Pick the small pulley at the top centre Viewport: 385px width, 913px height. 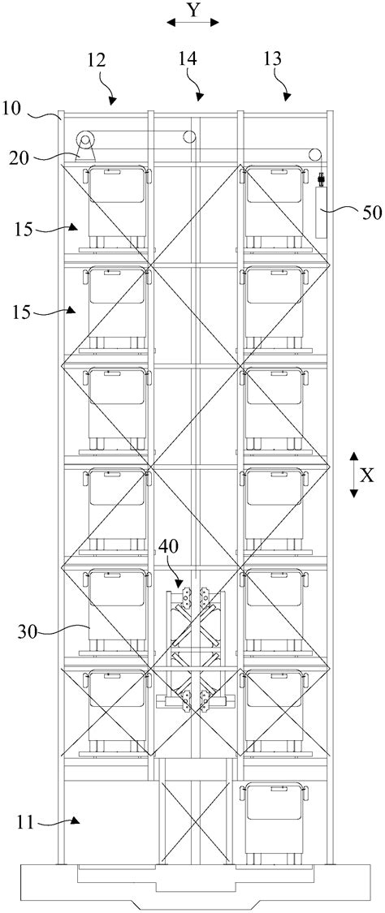(189, 137)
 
